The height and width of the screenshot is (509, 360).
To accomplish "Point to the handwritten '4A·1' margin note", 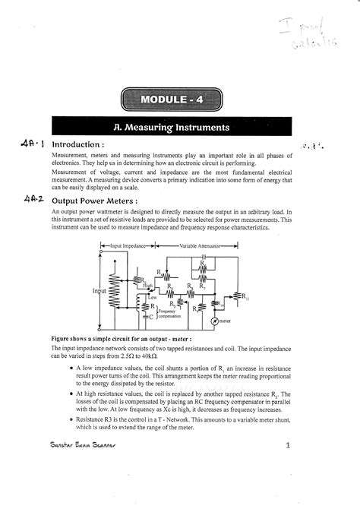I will tap(33, 144).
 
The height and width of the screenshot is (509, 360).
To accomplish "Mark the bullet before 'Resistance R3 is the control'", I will tap(69, 419).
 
